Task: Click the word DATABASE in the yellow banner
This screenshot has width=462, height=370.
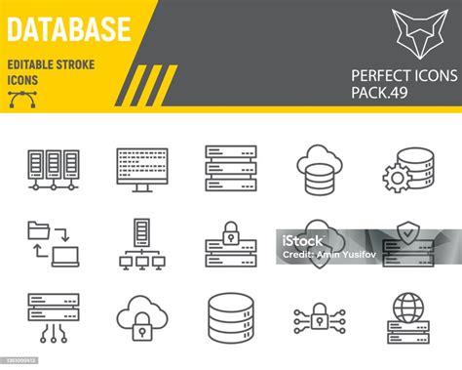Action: point(68,28)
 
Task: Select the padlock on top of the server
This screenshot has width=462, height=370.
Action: point(231,232)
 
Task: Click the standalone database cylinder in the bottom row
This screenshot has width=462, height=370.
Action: point(230,317)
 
